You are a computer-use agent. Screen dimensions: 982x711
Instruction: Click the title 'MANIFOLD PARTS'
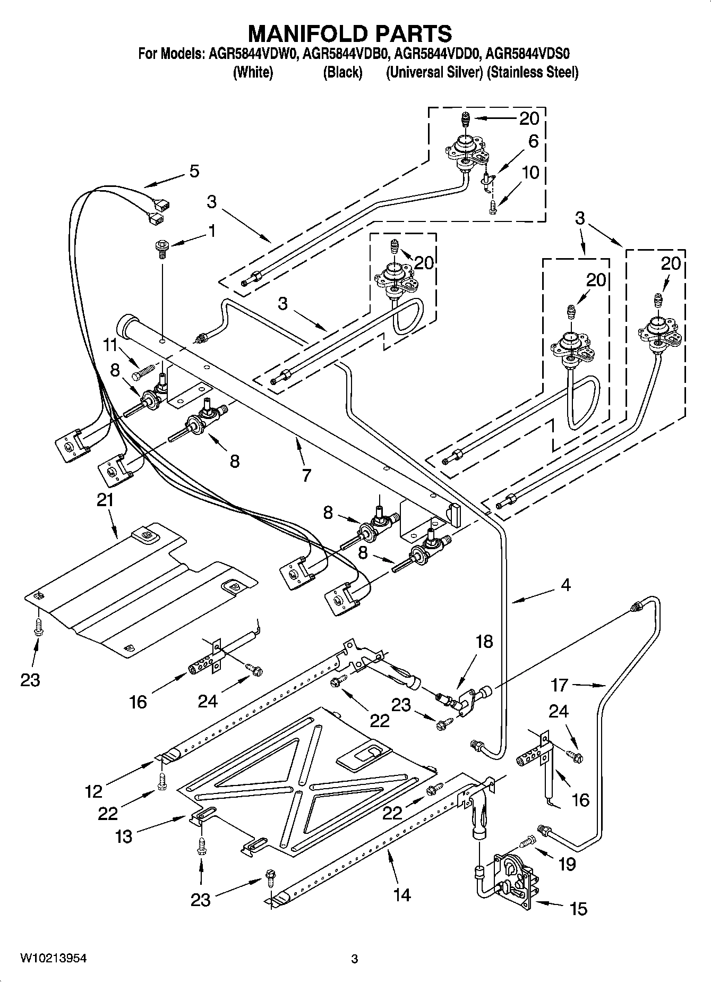pos(350,33)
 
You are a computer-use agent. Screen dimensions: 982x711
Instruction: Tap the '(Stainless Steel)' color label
pos(533,72)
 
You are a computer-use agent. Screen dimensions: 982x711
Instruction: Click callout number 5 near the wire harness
pos(194,171)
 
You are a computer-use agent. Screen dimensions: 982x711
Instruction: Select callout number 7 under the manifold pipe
pos(306,475)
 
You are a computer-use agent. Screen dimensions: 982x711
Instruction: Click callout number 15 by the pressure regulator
pos(578,909)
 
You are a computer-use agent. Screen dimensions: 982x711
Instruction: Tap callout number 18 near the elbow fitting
pos(484,642)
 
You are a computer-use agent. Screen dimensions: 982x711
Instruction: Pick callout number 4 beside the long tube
pos(566,585)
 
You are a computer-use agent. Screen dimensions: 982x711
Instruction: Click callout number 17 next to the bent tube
pos(559,685)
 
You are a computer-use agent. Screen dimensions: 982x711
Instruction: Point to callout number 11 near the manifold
pos(110,345)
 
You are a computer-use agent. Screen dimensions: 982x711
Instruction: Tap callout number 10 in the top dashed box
pos(530,172)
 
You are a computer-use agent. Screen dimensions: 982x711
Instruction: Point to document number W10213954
pos(54,958)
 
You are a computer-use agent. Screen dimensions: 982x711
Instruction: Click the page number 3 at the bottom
pos(354,959)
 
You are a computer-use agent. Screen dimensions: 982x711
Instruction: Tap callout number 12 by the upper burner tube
pos(93,791)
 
